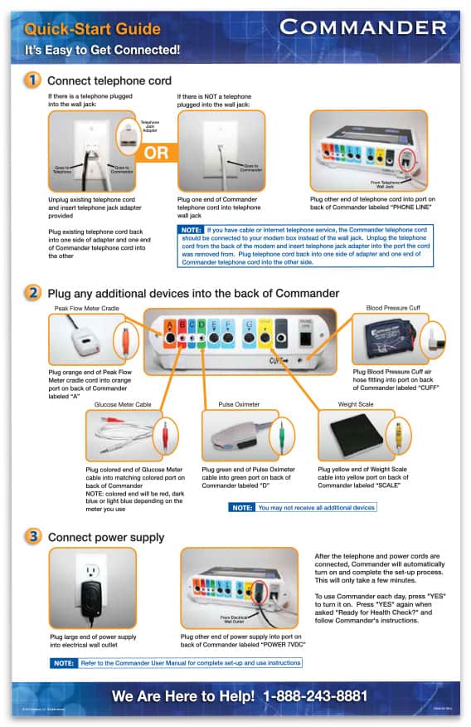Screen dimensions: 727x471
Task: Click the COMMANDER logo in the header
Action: (364, 27)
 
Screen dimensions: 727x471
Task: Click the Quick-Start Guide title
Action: (92, 29)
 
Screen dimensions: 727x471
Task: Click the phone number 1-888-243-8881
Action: (315, 695)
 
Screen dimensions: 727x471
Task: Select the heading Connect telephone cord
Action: (109, 81)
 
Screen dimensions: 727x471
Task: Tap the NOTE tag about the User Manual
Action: (64, 663)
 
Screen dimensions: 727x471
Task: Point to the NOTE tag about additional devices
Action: (242, 507)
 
